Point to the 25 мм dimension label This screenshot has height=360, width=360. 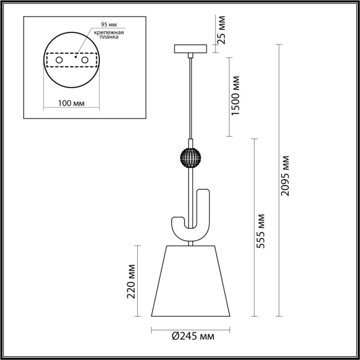pyautogui.click(x=222, y=30)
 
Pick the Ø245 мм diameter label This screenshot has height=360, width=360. pyautogui.click(x=192, y=337)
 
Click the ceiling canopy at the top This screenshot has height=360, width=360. pyautogui.click(x=191, y=49)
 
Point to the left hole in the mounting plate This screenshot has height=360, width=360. pyautogui.click(x=59, y=61)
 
